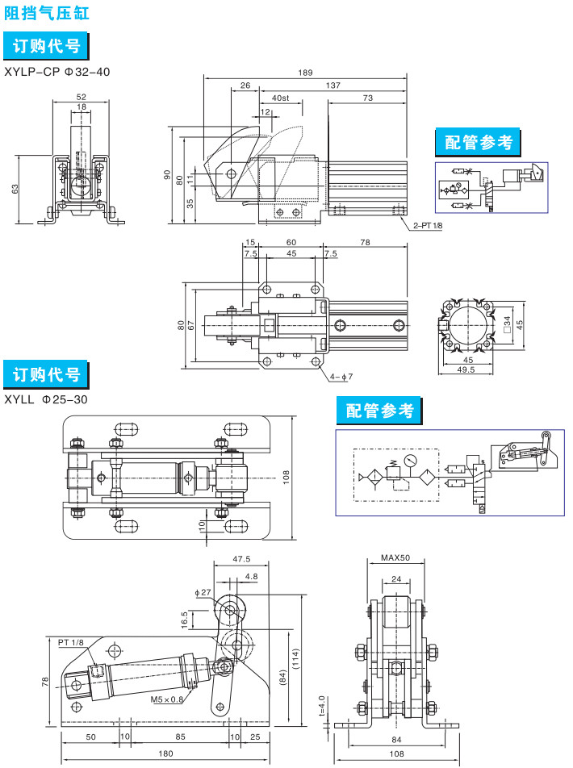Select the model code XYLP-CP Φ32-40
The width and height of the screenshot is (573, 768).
(x=56, y=72)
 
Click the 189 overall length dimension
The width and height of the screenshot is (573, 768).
(x=305, y=73)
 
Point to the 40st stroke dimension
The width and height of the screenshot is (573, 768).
(x=281, y=98)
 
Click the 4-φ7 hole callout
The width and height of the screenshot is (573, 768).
(x=341, y=377)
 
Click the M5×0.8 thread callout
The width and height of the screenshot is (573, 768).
(x=167, y=699)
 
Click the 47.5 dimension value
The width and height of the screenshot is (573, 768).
(x=241, y=558)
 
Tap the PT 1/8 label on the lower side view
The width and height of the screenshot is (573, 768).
(x=71, y=642)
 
